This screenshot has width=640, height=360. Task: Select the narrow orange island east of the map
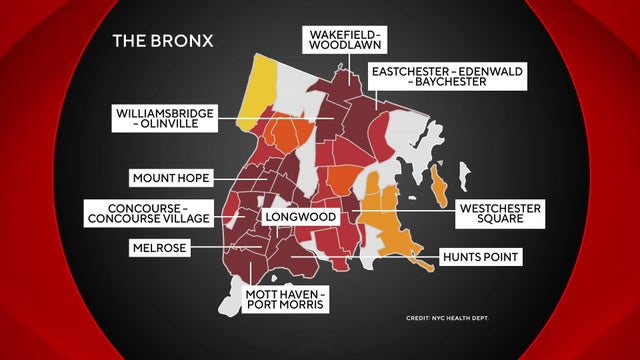tap(438, 187)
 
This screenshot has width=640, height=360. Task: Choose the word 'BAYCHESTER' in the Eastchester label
tap(452, 83)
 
